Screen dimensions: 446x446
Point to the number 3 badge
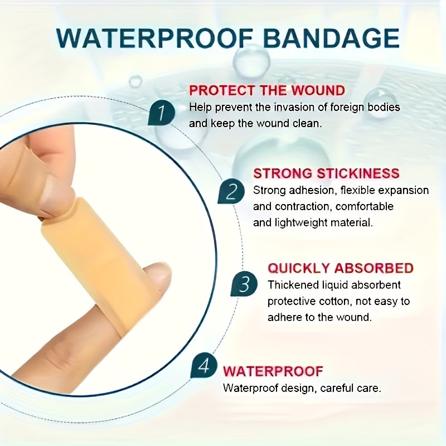(244, 285)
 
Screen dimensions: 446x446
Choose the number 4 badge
(204, 366)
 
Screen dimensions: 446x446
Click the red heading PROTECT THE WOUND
(267, 90)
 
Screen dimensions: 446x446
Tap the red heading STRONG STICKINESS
(327, 173)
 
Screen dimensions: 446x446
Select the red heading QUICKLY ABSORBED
(341, 268)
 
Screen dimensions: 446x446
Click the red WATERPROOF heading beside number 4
(273, 371)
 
